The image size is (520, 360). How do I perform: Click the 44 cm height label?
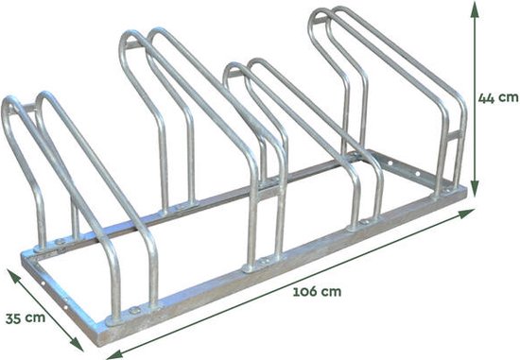coord(498,96)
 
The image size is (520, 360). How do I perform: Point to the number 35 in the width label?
coord(13,317)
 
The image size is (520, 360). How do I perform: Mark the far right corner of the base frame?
coord(465,192)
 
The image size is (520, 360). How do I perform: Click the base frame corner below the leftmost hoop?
coord(23,257)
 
